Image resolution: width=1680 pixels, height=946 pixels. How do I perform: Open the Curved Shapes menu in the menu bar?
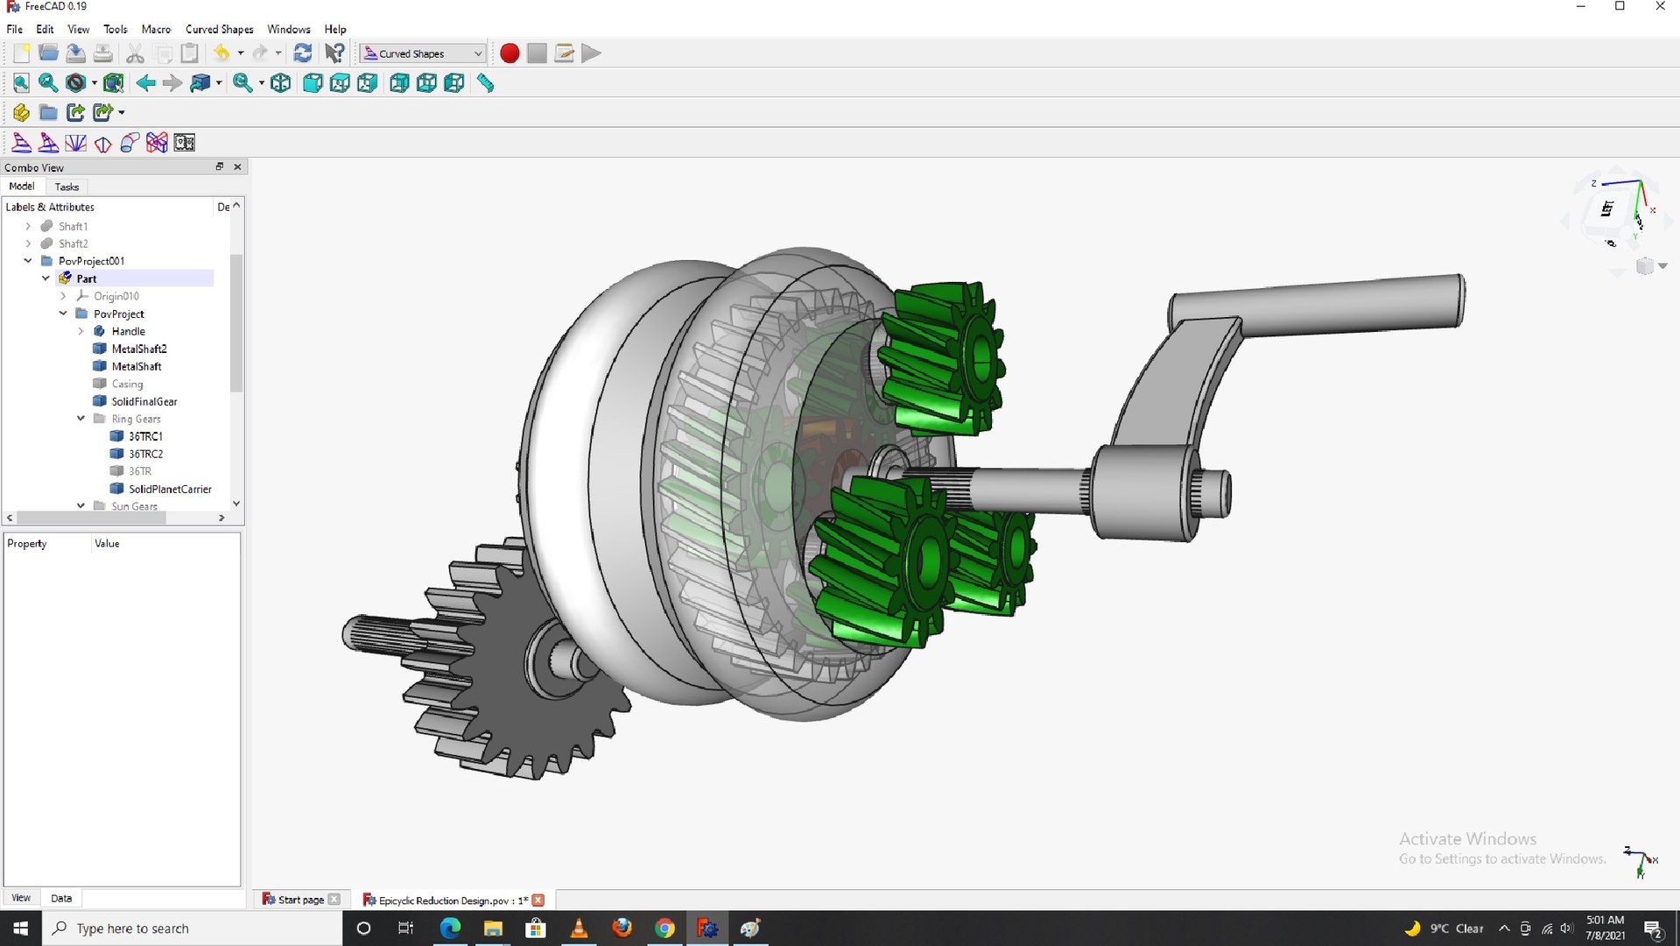tap(219, 29)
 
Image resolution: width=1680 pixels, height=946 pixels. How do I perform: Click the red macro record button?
tap(510, 53)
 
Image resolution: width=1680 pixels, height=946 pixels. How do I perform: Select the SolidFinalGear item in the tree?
tap(144, 401)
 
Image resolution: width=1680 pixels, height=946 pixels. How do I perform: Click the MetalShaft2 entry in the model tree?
tap(138, 349)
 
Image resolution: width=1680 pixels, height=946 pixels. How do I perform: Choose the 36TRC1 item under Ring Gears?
tap(145, 436)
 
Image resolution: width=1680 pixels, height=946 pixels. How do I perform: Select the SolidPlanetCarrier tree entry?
tap(170, 489)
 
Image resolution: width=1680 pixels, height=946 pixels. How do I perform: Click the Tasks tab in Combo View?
tap(67, 187)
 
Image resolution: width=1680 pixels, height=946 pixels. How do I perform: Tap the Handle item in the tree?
tap(128, 331)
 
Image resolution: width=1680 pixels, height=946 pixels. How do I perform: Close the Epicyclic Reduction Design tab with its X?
tap(538, 900)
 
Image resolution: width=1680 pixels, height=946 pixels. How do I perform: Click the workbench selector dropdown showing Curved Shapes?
tap(424, 53)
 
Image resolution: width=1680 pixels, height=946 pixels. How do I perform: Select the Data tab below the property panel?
tap(61, 898)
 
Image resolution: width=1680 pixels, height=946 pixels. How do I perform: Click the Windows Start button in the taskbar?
tap(21, 928)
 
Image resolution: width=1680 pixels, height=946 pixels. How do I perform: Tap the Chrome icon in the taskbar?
tap(664, 928)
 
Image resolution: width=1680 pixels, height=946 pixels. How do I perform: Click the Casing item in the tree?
tap(127, 384)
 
